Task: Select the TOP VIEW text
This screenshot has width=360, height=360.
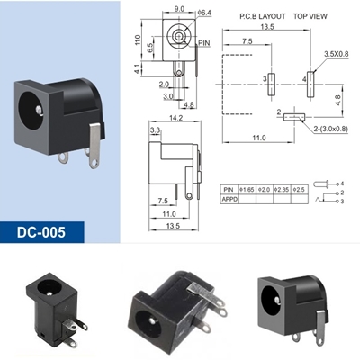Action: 310,17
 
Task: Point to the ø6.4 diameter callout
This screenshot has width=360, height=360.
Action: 204,13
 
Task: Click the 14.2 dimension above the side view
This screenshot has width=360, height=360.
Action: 175,117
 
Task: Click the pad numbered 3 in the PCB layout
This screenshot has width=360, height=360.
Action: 272,81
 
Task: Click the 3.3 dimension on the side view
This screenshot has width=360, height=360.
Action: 155,131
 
